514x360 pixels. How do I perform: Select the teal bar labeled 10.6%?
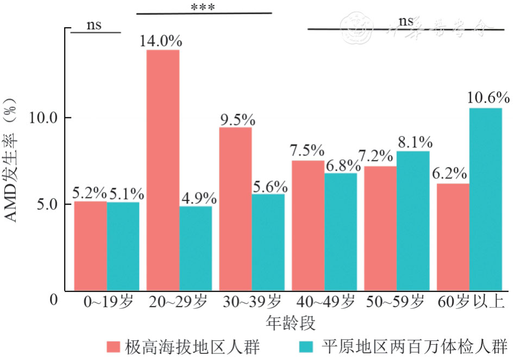486,199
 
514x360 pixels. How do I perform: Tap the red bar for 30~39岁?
235,209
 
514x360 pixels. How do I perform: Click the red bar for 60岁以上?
453,237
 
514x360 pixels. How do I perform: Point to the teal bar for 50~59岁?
413,221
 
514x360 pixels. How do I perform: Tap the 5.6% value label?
269,186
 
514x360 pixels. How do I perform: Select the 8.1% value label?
415,142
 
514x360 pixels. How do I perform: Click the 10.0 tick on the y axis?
44,118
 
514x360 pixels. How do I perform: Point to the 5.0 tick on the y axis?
48,205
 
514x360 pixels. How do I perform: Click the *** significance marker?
203,8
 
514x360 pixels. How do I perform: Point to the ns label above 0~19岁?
94,25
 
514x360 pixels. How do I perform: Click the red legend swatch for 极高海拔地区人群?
113,346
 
